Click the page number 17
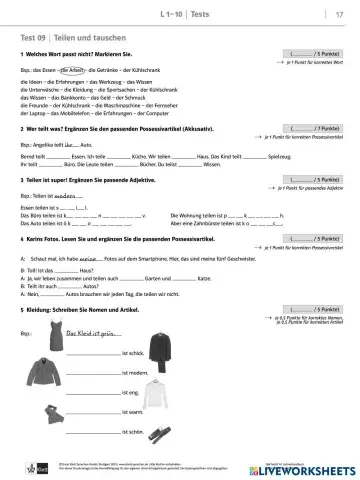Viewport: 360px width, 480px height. coord(337,11)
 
